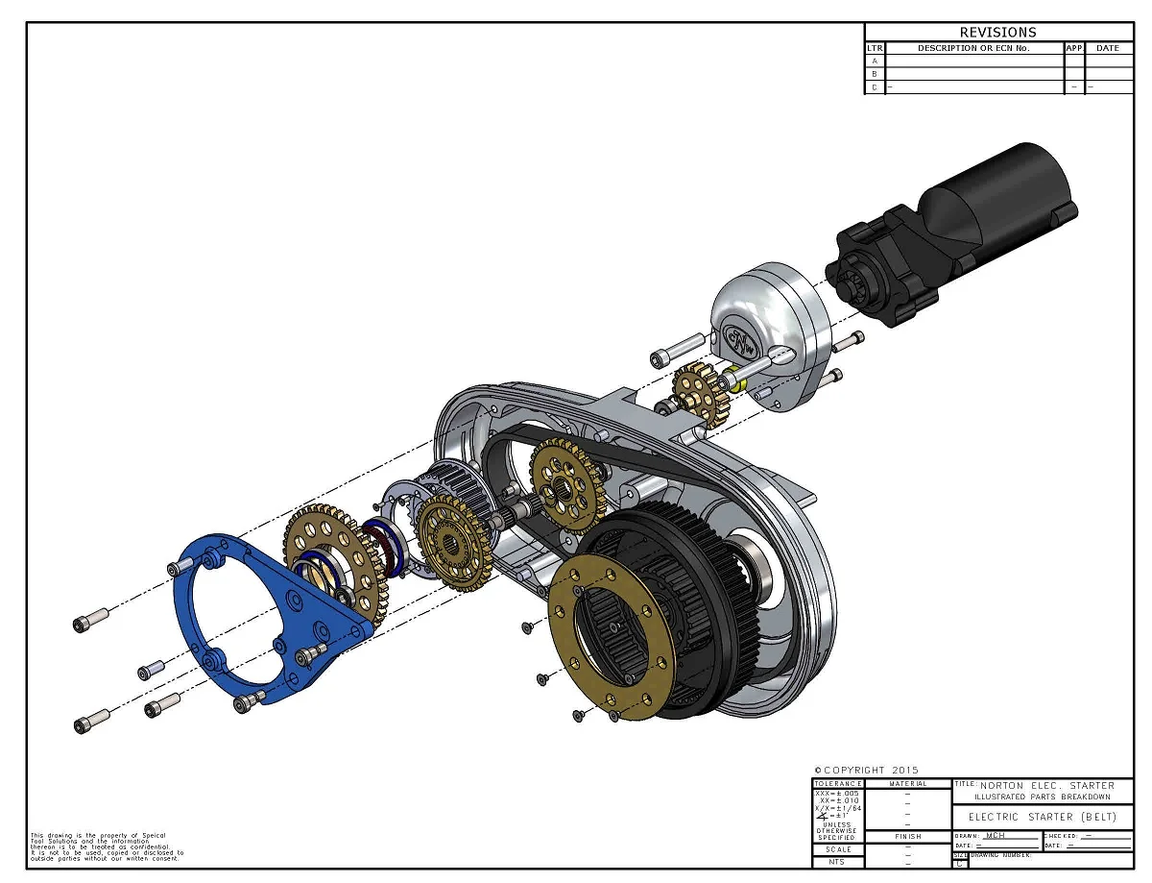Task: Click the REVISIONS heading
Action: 998,32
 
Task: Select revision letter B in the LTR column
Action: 875,73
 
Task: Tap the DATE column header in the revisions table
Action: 1108,47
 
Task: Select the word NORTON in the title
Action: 1002,785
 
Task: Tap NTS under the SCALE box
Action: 838,862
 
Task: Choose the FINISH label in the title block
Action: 908,836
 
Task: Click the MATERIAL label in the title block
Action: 908,783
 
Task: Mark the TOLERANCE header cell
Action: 838,783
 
